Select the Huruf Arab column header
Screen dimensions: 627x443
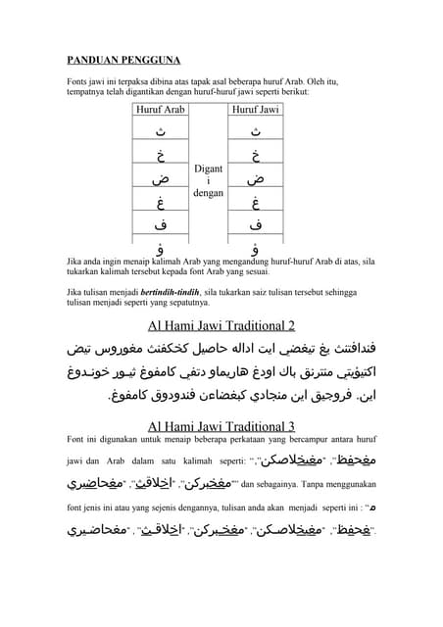(160, 110)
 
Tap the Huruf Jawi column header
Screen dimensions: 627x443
(255, 110)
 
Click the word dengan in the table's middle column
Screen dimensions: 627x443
(208, 193)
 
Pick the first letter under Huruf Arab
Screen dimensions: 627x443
(160, 132)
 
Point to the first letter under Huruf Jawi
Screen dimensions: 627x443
(255, 132)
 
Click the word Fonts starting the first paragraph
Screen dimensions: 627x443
(77, 81)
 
